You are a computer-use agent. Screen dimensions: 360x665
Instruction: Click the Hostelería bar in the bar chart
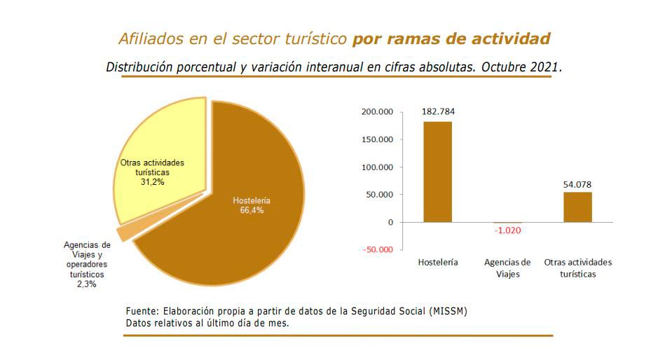[x=437, y=172]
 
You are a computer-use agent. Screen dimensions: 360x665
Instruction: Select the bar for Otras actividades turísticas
[x=577, y=207]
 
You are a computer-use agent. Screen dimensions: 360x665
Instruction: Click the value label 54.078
[x=577, y=184]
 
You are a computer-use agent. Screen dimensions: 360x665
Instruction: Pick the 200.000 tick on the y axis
[x=377, y=112]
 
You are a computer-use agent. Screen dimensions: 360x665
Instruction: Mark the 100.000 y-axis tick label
[x=377, y=167]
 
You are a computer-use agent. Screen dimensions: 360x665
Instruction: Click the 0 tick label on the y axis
[x=390, y=222]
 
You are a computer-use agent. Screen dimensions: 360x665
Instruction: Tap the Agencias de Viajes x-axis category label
[x=507, y=268]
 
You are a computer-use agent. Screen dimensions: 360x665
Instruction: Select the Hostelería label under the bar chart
[x=438, y=263]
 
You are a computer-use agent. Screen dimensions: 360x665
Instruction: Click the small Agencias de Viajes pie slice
[x=124, y=233]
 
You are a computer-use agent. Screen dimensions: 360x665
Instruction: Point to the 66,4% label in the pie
[x=252, y=211]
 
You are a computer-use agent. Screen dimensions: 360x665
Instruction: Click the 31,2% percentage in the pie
[x=153, y=181]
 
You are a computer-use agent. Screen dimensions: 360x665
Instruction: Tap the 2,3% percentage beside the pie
[x=87, y=285]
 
